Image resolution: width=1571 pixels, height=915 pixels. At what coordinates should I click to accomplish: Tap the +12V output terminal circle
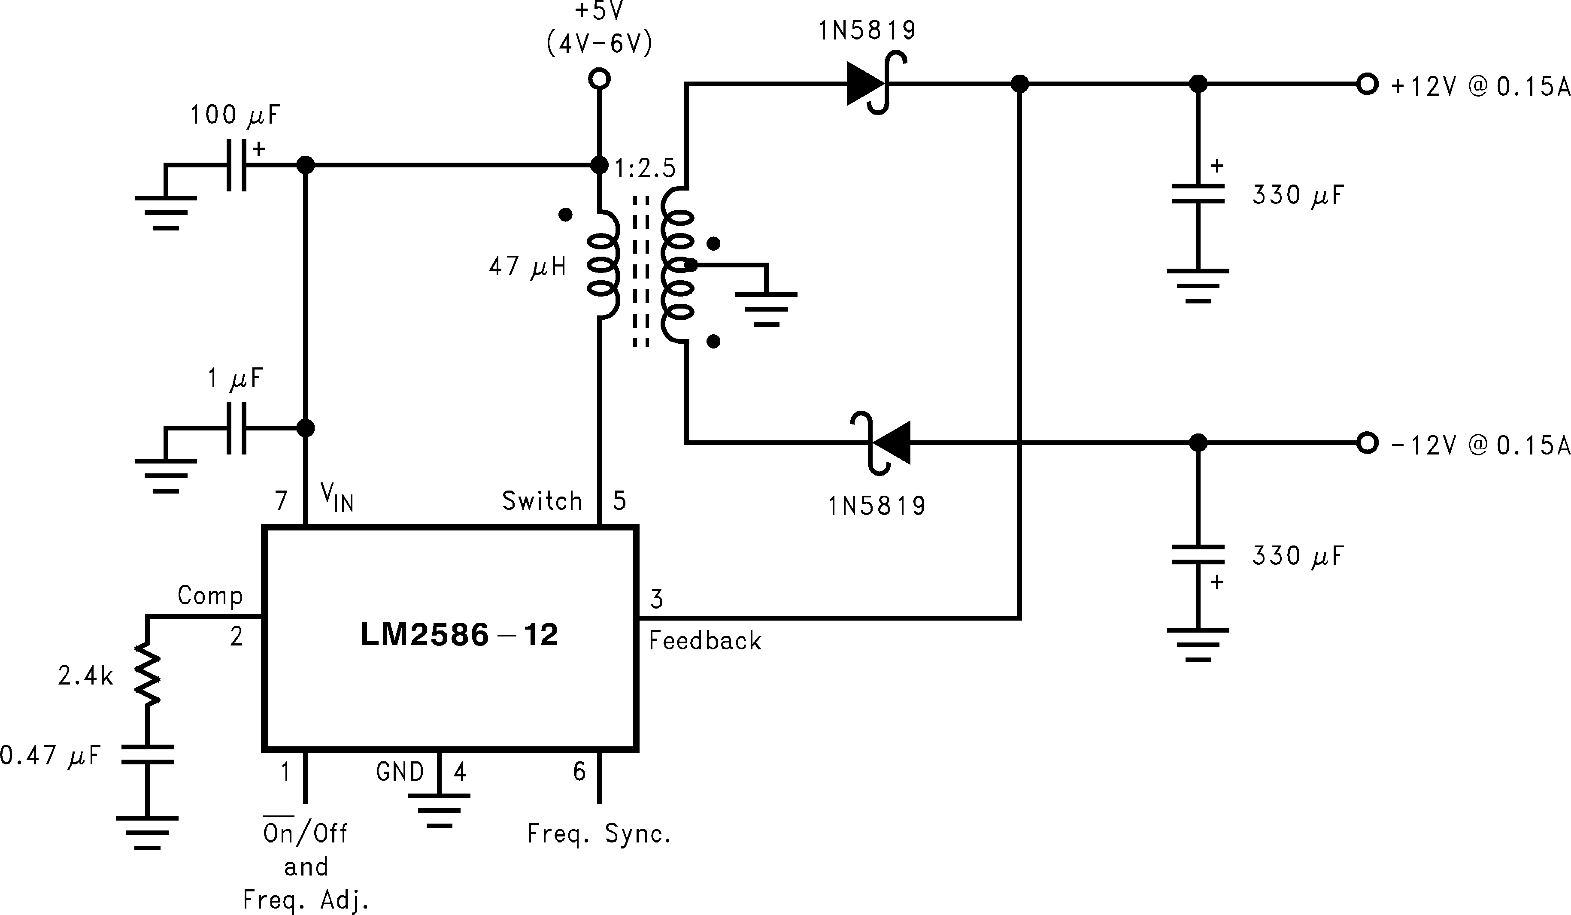(1367, 84)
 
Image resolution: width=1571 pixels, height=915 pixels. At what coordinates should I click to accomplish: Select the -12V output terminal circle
(1367, 443)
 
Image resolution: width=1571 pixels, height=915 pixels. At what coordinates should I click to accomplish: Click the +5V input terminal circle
(599, 79)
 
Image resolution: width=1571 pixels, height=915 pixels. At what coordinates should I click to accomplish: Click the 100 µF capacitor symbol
(236, 165)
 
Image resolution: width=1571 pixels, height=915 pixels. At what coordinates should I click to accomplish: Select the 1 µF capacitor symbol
(236, 428)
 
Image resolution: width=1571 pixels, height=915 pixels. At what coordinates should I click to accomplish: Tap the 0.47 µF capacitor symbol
(148, 754)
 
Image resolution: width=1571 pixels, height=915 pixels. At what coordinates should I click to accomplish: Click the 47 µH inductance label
(528, 267)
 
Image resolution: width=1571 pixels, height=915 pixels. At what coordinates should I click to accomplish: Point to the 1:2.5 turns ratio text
(645, 168)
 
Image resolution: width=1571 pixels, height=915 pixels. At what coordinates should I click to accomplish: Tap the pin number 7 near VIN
(282, 500)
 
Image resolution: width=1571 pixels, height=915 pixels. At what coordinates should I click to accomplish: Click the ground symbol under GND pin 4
(440, 810)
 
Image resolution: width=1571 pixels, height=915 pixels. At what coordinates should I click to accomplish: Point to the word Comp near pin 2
(210, 596)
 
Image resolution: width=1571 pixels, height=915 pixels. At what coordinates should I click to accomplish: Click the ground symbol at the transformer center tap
(766, 309)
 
